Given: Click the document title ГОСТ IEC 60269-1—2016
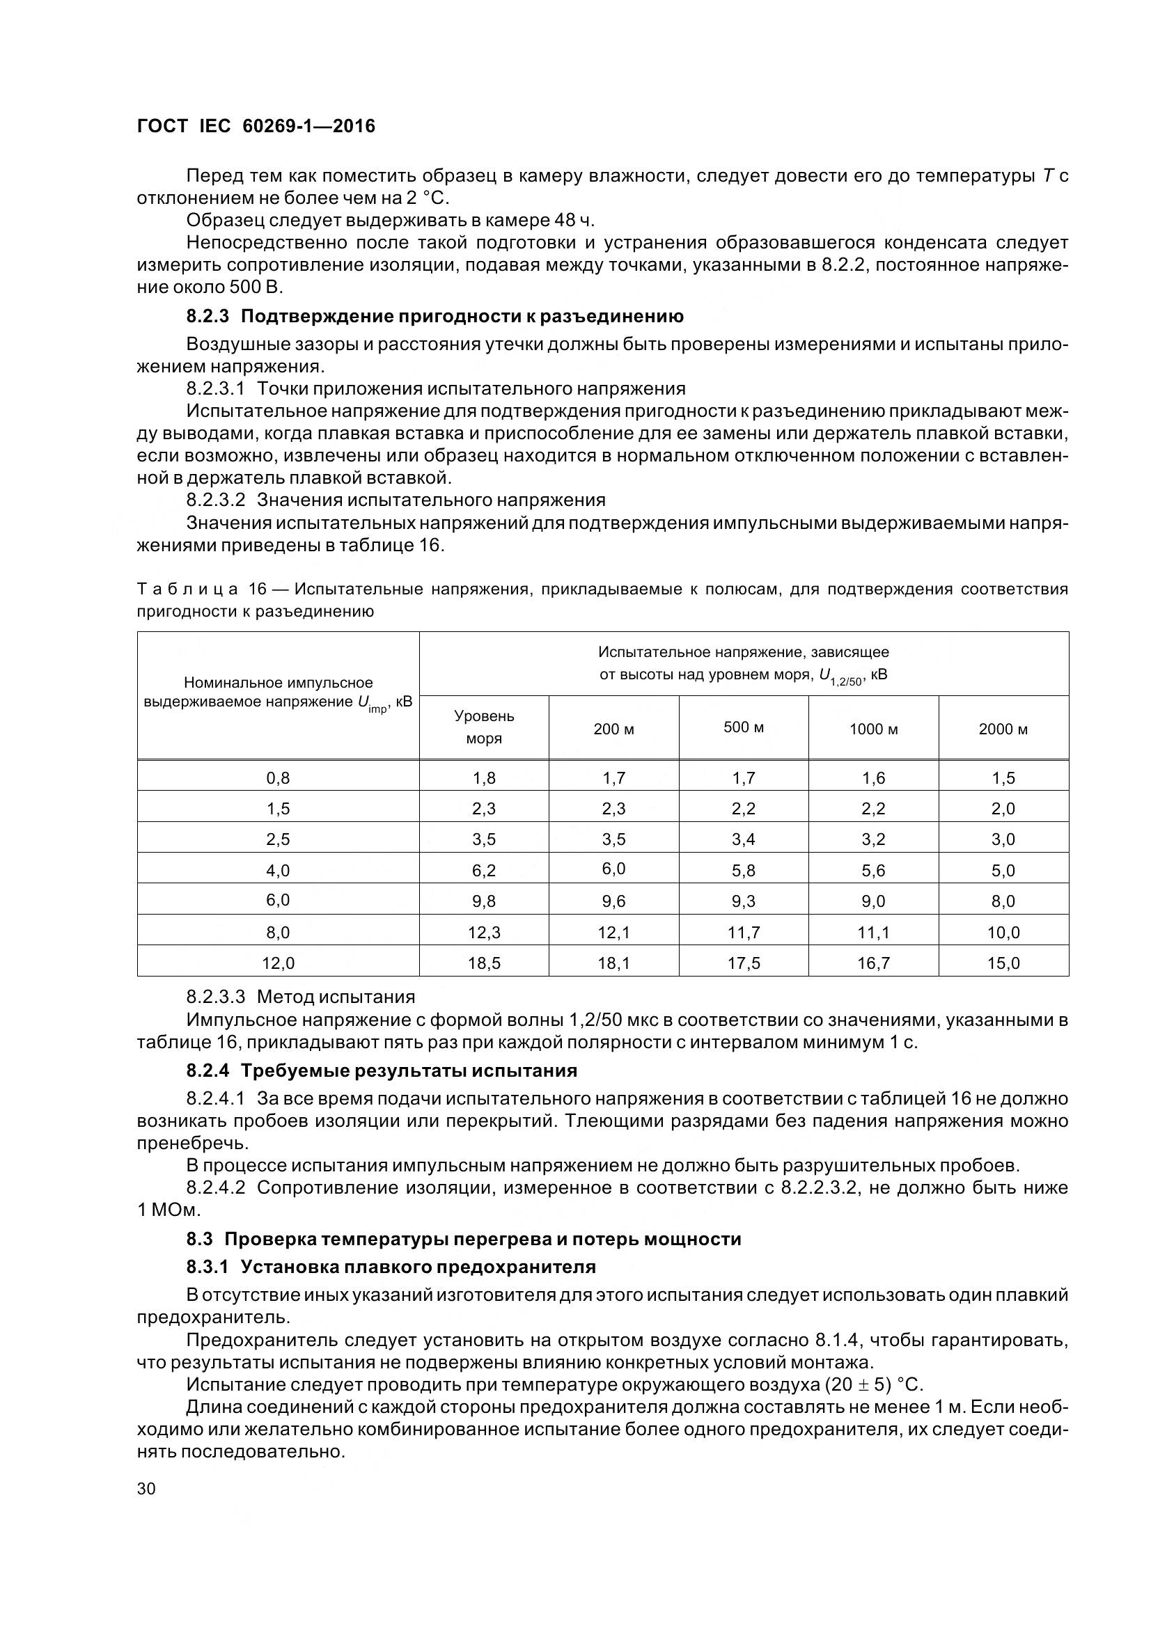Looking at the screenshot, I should (x=256, y=126).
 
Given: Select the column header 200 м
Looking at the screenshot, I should (x=613, y=729).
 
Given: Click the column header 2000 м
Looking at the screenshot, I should (x=1003, y=729).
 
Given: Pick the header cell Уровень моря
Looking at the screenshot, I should (x=484, y=727).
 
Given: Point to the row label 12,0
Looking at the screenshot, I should (x=278, y=963).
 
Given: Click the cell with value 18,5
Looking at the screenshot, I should (x=484, y=963).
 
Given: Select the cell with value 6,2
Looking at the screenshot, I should (x=484, y=871).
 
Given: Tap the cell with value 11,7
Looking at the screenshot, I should (x=743, y=933).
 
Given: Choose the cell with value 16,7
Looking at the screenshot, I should (x=873, y=963).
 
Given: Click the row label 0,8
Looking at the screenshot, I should (x=278, y=778).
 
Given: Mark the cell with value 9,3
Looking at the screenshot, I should (x=743, y=901).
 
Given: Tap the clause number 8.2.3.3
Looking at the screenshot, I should (x=216, y=997).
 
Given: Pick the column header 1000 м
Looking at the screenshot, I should (x=873, y=729).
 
